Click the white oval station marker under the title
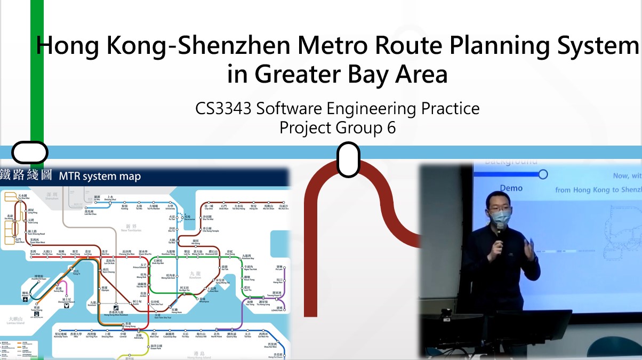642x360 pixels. pyautogui.click(x=348, y=159)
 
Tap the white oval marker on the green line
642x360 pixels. pyautogui.click(x=30, y=153)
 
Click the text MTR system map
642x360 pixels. pyautogui.click(x=100, y=176)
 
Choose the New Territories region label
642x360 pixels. pyautogui.click(x=131, y=228)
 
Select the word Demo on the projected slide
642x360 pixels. pyautogui.click(x=511, y=188)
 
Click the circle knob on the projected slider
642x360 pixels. pyautogui.click(x=543, y=174)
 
